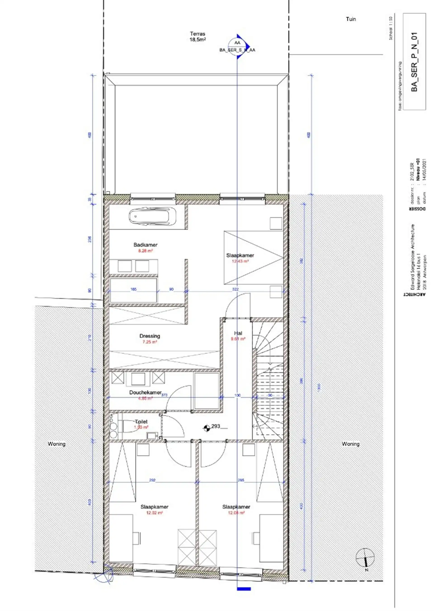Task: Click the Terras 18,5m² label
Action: coord(198,37)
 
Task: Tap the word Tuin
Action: coord(351,19)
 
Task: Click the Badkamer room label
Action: coord(145,245)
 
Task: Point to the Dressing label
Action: coord(150,336)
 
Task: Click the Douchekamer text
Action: coord(145,393)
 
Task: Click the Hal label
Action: coord(238,333)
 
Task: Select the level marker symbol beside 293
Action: coord(206,428)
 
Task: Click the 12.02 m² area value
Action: coord(154,513)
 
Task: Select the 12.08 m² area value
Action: coord(236,513)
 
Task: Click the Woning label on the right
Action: coord(350,444)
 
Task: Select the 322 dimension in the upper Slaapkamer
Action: coord(235,289)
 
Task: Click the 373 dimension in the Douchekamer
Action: coord(164,395)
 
